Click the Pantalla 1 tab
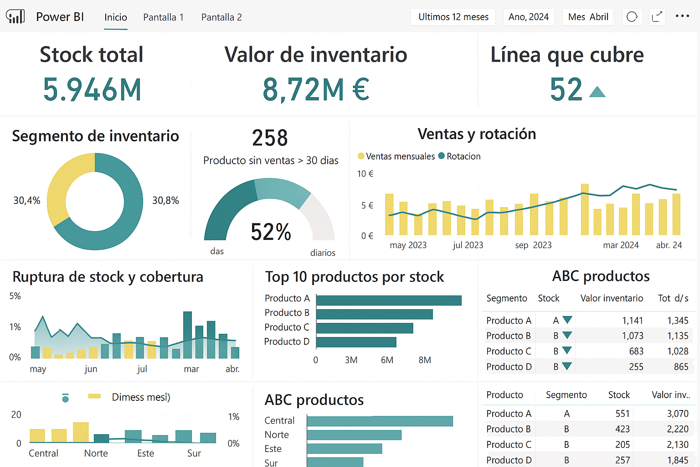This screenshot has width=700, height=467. [x=163, y=17]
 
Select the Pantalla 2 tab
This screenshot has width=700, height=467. [x=221, y=17]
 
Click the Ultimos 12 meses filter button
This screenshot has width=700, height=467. [x=453, y=17]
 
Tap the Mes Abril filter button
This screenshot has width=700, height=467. [x=588, y=17]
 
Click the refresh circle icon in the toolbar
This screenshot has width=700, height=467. [x=632, y=17]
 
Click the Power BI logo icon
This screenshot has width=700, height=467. [x=15, y=17]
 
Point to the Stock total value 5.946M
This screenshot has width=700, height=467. [x=92, y=89]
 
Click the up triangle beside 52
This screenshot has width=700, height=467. [x=597, y=92]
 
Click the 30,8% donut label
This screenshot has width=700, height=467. [x=165, y=201]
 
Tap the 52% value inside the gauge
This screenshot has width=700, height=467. [x=271, y=232]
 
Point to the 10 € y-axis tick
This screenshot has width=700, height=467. [x=365, y=174]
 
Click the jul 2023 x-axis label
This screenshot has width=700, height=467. [x=468, y=245]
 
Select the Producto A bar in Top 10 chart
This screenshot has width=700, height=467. [x=389, y=300]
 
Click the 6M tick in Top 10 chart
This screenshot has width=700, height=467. [x=387, y=360]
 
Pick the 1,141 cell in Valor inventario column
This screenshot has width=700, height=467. [x=632, y=321]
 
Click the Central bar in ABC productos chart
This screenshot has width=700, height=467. [x=380, y=421]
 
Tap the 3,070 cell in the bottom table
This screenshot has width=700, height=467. [x=677, y=414]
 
